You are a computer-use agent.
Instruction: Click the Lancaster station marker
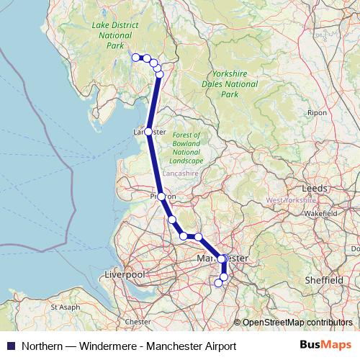tap(148, 132)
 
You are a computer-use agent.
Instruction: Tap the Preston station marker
tap(161, 196)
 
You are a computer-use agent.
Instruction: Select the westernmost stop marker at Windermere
tap(135, 57)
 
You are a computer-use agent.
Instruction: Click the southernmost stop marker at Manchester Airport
tap(219, 283)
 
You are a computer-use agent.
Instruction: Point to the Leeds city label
tap(315, 187)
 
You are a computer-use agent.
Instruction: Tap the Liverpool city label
tap(125, 275)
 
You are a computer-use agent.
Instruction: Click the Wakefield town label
tap(320, 214)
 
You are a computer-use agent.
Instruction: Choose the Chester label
tap(138, 322)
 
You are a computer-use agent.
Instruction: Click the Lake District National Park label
tap(114, 34)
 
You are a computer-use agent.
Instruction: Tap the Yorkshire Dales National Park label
tap(229, 84)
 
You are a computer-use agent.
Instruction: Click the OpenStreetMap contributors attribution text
tap(297, 323)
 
